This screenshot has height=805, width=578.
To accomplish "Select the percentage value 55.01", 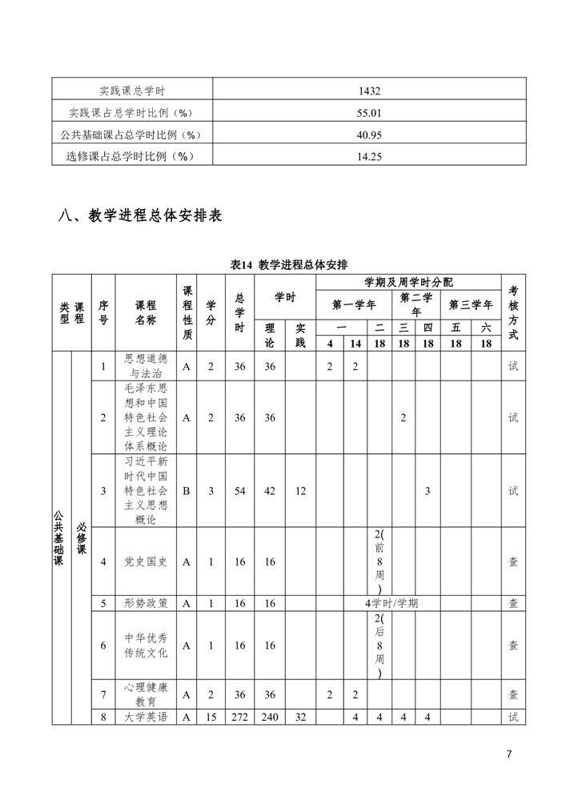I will point(368,113).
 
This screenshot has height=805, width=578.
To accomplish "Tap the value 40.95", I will point(368,135).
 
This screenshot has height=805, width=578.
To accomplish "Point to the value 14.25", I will point(368,157).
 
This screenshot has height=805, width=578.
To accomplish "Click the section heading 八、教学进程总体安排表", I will point(140,215).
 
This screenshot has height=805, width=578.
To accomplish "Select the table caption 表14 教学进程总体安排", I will point(289,265).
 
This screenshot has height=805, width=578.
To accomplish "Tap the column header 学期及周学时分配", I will point(408,282).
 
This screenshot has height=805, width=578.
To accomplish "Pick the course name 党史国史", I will point(146,561).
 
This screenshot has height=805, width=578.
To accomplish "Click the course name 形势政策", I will point(146,603).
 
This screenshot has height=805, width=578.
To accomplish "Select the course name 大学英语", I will point(146,717).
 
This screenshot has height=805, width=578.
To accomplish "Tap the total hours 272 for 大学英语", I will point(240,717).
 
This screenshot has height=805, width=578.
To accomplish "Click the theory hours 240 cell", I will point(270,717).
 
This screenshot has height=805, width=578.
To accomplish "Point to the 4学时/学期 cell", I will point(391,603).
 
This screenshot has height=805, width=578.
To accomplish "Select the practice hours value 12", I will point(300,491).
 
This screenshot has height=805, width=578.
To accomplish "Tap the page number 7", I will point(509,754).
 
